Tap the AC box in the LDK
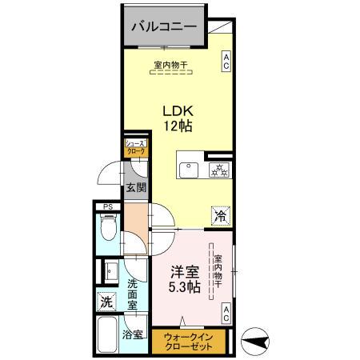226,62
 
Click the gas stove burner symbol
218,170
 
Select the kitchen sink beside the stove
190,170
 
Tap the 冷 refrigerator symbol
219,215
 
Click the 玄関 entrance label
135,190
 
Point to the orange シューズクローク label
135,147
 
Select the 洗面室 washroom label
134,294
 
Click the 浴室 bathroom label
132,335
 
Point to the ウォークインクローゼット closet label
189,341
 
